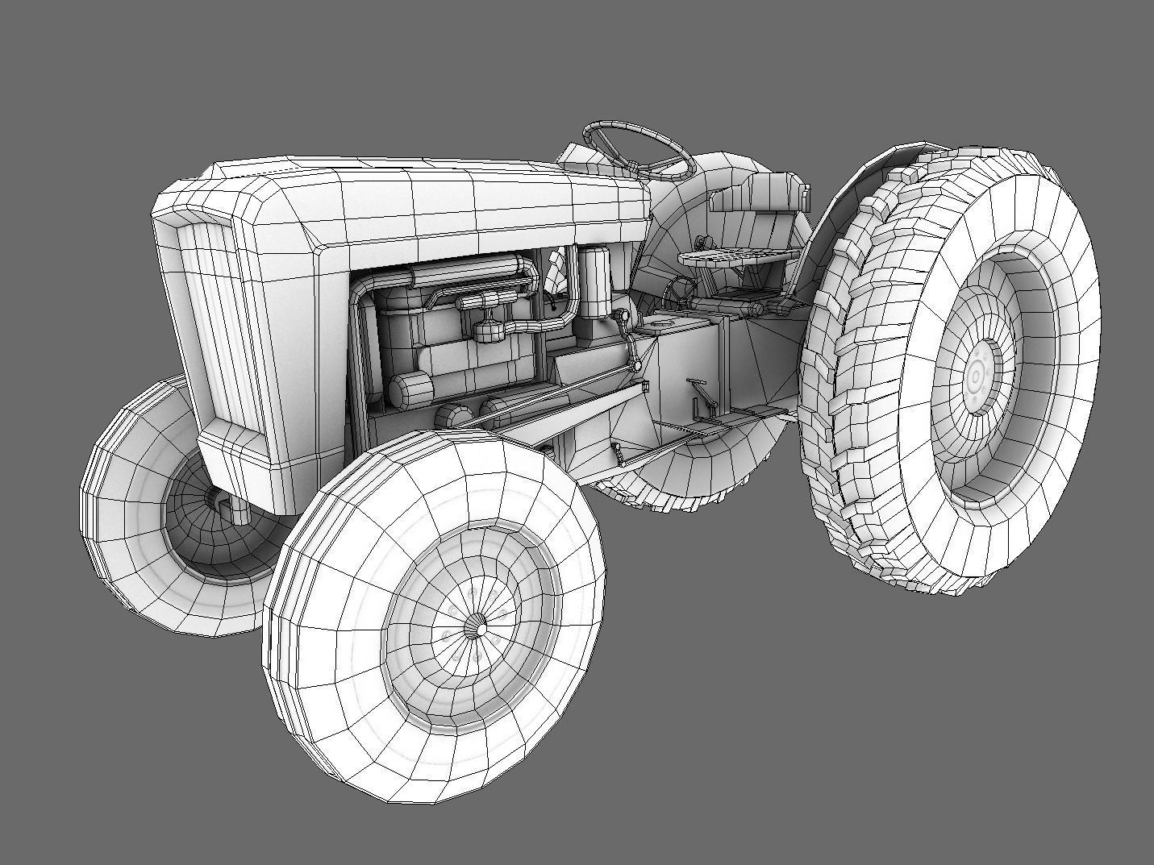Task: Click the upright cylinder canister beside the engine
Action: (597, 282)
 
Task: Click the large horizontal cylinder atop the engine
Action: (476, 269)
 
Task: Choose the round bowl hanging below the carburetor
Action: (489, 331)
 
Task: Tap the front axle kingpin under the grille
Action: (239, 508)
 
